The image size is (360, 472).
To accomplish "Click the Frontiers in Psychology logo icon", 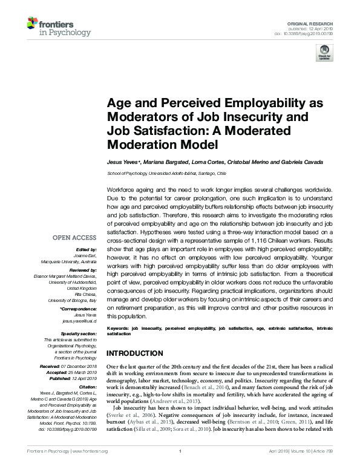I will [33, 24].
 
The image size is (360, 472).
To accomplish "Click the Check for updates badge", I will [324, 52].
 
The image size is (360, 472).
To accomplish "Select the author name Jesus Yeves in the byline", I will [123, 163].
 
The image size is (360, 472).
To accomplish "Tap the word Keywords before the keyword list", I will [117, 328].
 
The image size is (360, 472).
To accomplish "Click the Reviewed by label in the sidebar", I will [82, 270].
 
